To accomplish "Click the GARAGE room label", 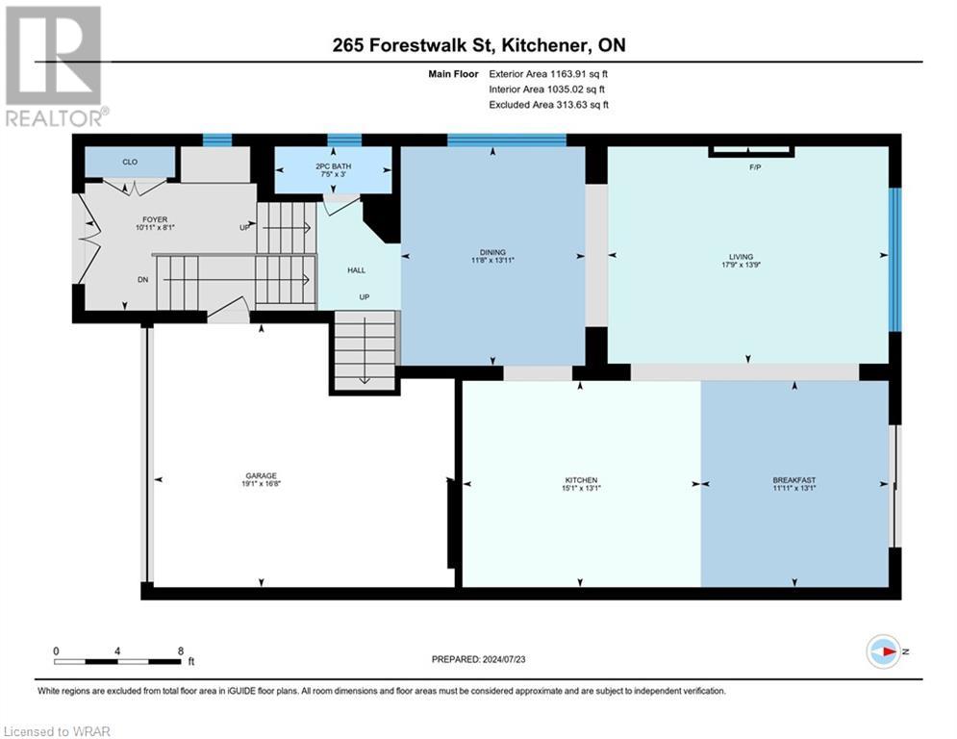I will click(260, 475).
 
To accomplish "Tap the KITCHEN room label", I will click(581, 479).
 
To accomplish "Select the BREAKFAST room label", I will click(793, 479).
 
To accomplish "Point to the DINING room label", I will click(492, 252).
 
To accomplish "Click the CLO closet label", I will click(130, 162).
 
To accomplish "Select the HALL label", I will click(356, 270).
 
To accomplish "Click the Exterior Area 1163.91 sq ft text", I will click(548, 74).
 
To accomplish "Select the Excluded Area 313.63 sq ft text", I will click(548, 105).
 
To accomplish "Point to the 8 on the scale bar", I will click(180, 650).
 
